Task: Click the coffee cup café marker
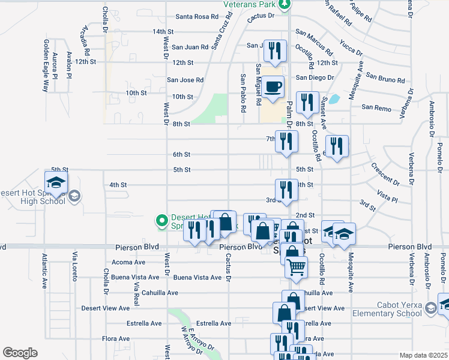[273, 86]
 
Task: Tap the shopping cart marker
[296, 268]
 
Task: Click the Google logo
[20, 353]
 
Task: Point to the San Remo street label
[376, 107]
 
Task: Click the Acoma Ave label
[130, 262]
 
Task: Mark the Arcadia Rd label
[85, 38]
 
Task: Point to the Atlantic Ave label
[44, 271]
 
